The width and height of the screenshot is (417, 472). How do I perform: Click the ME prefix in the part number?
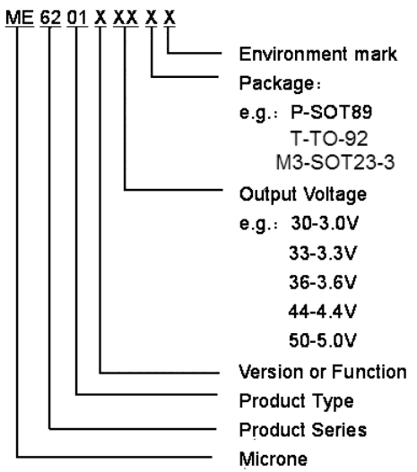[20, 17]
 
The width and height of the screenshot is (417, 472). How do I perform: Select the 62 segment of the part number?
[50, 17]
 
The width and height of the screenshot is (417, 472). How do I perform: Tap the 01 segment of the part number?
[77, 17]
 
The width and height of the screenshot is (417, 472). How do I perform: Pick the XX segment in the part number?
[126, 17]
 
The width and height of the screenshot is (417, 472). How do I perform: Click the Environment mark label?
[318, 54]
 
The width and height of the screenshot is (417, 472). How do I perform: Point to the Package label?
[280, 83]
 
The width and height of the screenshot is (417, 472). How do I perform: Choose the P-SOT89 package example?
[332, 112]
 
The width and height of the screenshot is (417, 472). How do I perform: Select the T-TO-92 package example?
[329, 139]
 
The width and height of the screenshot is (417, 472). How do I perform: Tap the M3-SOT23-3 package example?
[335, 162]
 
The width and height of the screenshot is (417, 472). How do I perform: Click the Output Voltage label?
[303, 194]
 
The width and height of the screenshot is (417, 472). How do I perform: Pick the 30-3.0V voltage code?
[325, 223]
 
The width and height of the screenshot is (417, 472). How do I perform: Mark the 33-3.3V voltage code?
[323, 253]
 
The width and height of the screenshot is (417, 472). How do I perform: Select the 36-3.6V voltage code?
[323, 282]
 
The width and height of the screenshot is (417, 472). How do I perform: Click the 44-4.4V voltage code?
[323, 312]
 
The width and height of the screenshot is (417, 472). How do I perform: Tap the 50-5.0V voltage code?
[323, 340]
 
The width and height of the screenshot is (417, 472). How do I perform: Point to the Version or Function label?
[323, 372]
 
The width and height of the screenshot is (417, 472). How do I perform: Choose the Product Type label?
[297, 401]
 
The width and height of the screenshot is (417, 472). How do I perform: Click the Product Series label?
[303, 430]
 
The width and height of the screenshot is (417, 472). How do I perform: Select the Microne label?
[274, 459]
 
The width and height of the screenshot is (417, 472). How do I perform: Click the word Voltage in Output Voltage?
[334, 194]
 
